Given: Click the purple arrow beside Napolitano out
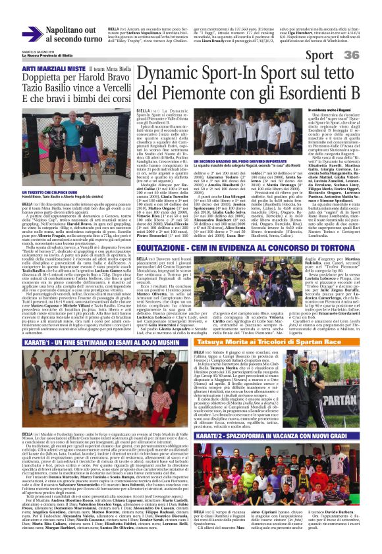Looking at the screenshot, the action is pos(33,34).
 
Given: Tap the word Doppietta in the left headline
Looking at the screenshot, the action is pos(44,78).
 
